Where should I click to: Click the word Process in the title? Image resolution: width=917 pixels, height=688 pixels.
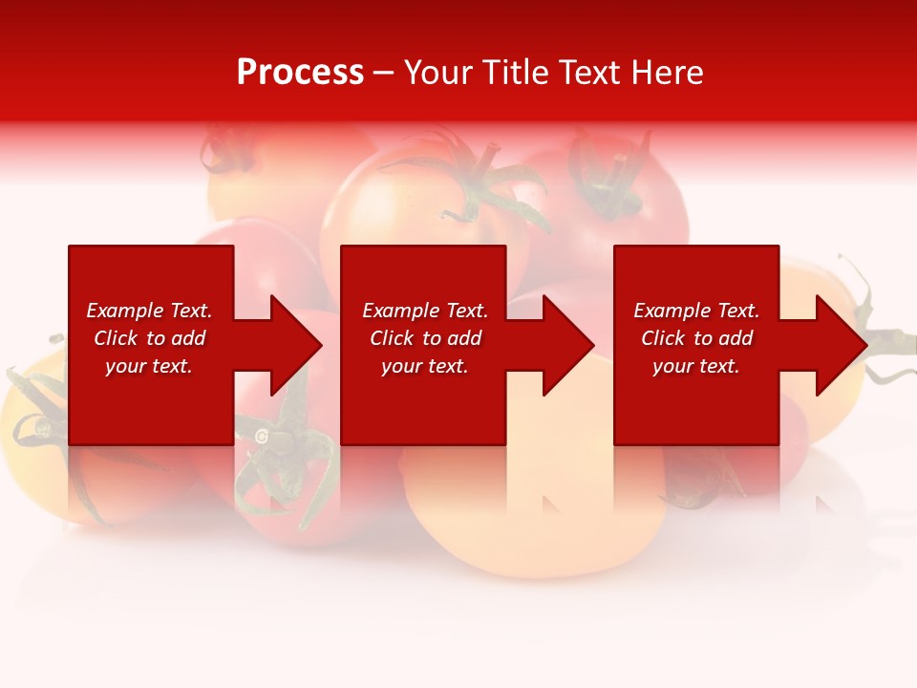[300, 73]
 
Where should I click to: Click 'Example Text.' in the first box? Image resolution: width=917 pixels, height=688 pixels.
[149, 311]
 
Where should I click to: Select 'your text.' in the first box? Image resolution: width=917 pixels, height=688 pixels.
[149, 366]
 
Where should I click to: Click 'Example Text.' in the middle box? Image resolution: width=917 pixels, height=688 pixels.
[425, 311]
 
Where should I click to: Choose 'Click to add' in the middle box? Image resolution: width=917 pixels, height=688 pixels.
[425, 338]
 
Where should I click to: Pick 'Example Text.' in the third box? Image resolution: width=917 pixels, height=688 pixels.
[696, 311]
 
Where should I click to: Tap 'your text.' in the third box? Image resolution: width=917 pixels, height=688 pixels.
[696, 366]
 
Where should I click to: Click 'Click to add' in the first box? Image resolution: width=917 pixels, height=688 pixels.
[149, 338]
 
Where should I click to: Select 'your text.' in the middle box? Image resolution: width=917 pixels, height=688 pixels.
[425, 366]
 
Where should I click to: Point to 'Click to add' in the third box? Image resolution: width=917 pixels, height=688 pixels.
[696, 338]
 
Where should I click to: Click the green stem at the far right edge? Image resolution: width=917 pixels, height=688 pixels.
[893, 339]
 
